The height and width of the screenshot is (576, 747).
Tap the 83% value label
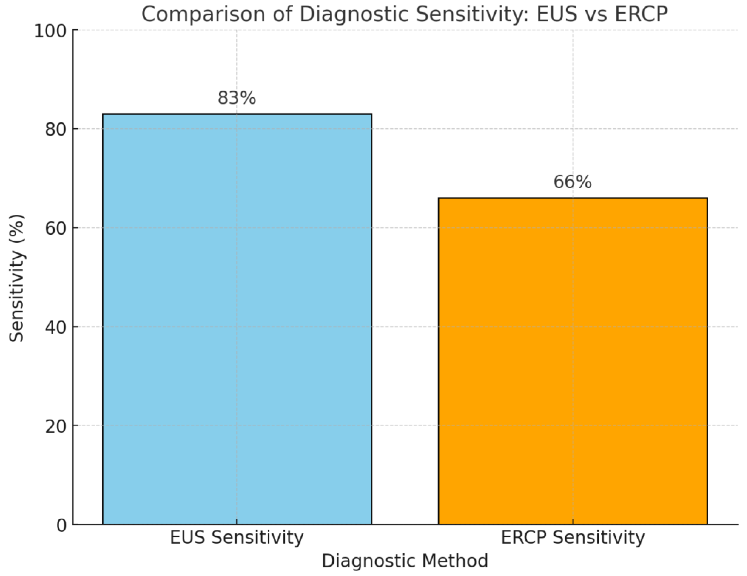point(237,98)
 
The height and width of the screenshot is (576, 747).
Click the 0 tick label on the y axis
point(62,525)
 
